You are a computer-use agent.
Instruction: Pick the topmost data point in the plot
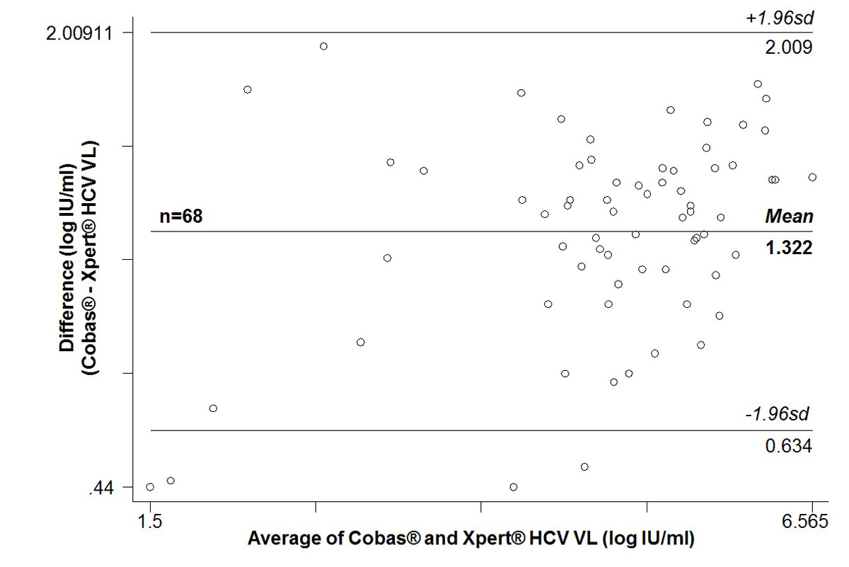tap(323, 46)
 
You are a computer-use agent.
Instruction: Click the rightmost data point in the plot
tap(812, 177)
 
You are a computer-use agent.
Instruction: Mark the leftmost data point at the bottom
tap(150, 486)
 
